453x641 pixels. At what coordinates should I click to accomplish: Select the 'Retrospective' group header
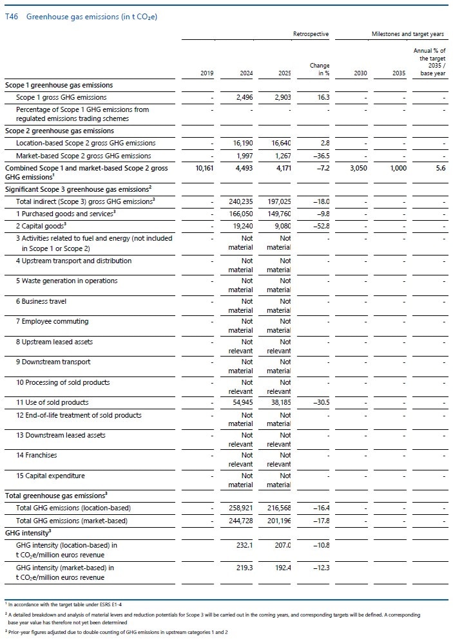click(x=311, y=33)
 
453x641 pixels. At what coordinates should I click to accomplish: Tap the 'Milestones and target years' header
click(x=407, y=33)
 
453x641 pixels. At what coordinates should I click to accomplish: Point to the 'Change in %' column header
click(x=320, y=70)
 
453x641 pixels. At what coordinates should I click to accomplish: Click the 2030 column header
click(x=360, y=73)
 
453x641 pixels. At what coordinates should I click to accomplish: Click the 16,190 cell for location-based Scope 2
click(x=240, y=143)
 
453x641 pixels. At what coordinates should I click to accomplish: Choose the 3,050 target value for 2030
click(x=358, y=168)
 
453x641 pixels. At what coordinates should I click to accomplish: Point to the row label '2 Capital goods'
click(x=44, y=226)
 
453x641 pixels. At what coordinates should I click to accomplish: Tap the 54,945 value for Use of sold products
click(x=240, y=402)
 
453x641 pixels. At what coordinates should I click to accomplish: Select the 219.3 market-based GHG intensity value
click(x=243, y=568)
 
